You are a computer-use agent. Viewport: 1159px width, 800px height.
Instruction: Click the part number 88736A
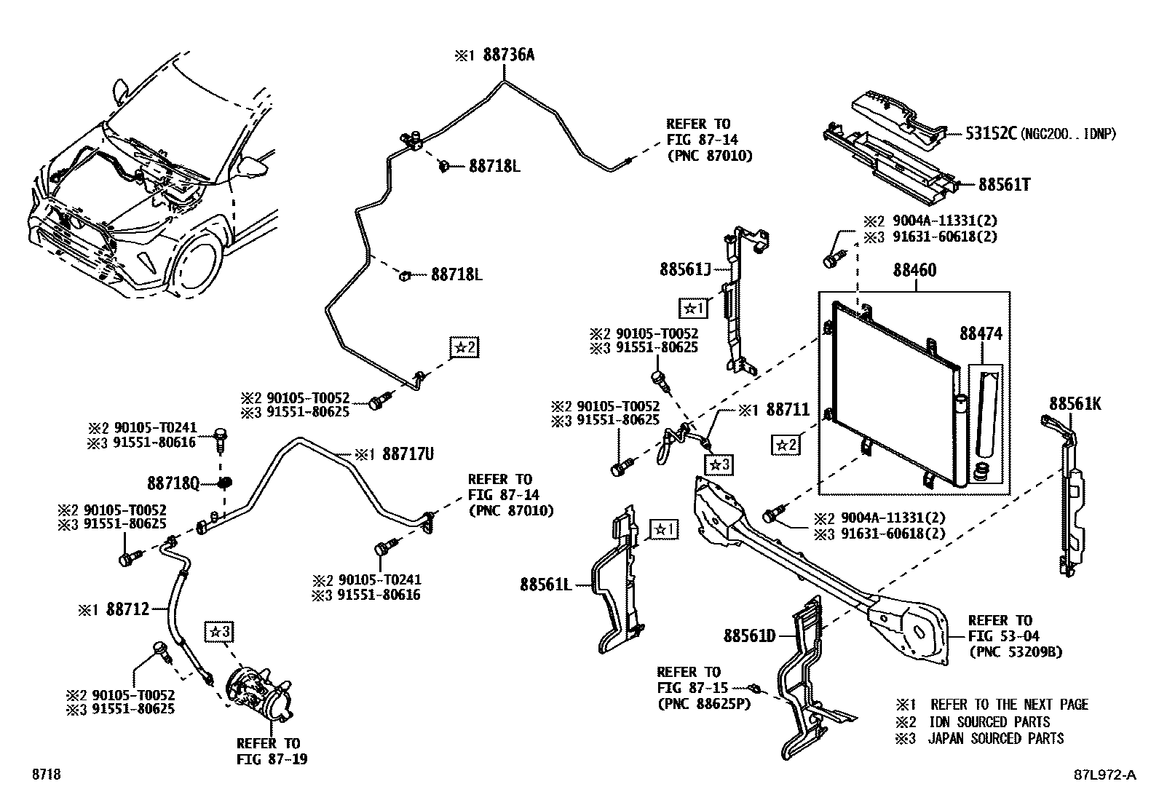point(508,55)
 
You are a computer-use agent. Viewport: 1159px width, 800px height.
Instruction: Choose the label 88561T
point(1004,185)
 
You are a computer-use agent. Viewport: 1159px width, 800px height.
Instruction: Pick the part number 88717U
point(408,455)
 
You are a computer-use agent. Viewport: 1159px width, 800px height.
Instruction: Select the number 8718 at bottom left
point(44,775)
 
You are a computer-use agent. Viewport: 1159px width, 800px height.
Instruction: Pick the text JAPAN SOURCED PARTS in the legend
point(995,739)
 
